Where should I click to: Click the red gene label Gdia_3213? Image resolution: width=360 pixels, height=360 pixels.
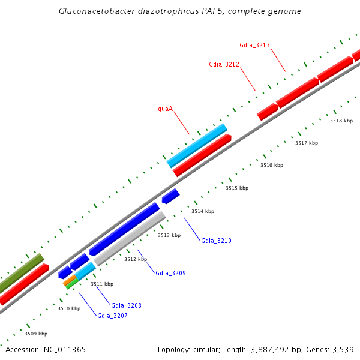254,45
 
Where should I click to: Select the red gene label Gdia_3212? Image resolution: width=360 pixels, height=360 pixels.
224,64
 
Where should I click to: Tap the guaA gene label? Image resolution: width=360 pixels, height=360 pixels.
166,109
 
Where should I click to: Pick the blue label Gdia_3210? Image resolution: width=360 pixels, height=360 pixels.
216,241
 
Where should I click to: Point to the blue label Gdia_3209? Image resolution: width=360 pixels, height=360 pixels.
170,273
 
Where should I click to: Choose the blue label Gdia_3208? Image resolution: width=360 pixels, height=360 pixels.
126,305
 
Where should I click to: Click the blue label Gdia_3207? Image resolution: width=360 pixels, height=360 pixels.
112,315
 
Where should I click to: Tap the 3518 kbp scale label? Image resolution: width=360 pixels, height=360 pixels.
341,121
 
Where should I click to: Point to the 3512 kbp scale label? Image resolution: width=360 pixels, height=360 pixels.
135,259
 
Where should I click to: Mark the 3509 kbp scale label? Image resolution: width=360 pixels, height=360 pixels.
36,334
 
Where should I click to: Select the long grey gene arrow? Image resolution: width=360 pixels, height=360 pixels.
130,238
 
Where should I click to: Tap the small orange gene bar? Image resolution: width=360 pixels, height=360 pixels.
69,280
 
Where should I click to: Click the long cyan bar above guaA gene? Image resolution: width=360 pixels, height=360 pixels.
197,146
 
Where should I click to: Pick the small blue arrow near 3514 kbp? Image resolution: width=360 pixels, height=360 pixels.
170,196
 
